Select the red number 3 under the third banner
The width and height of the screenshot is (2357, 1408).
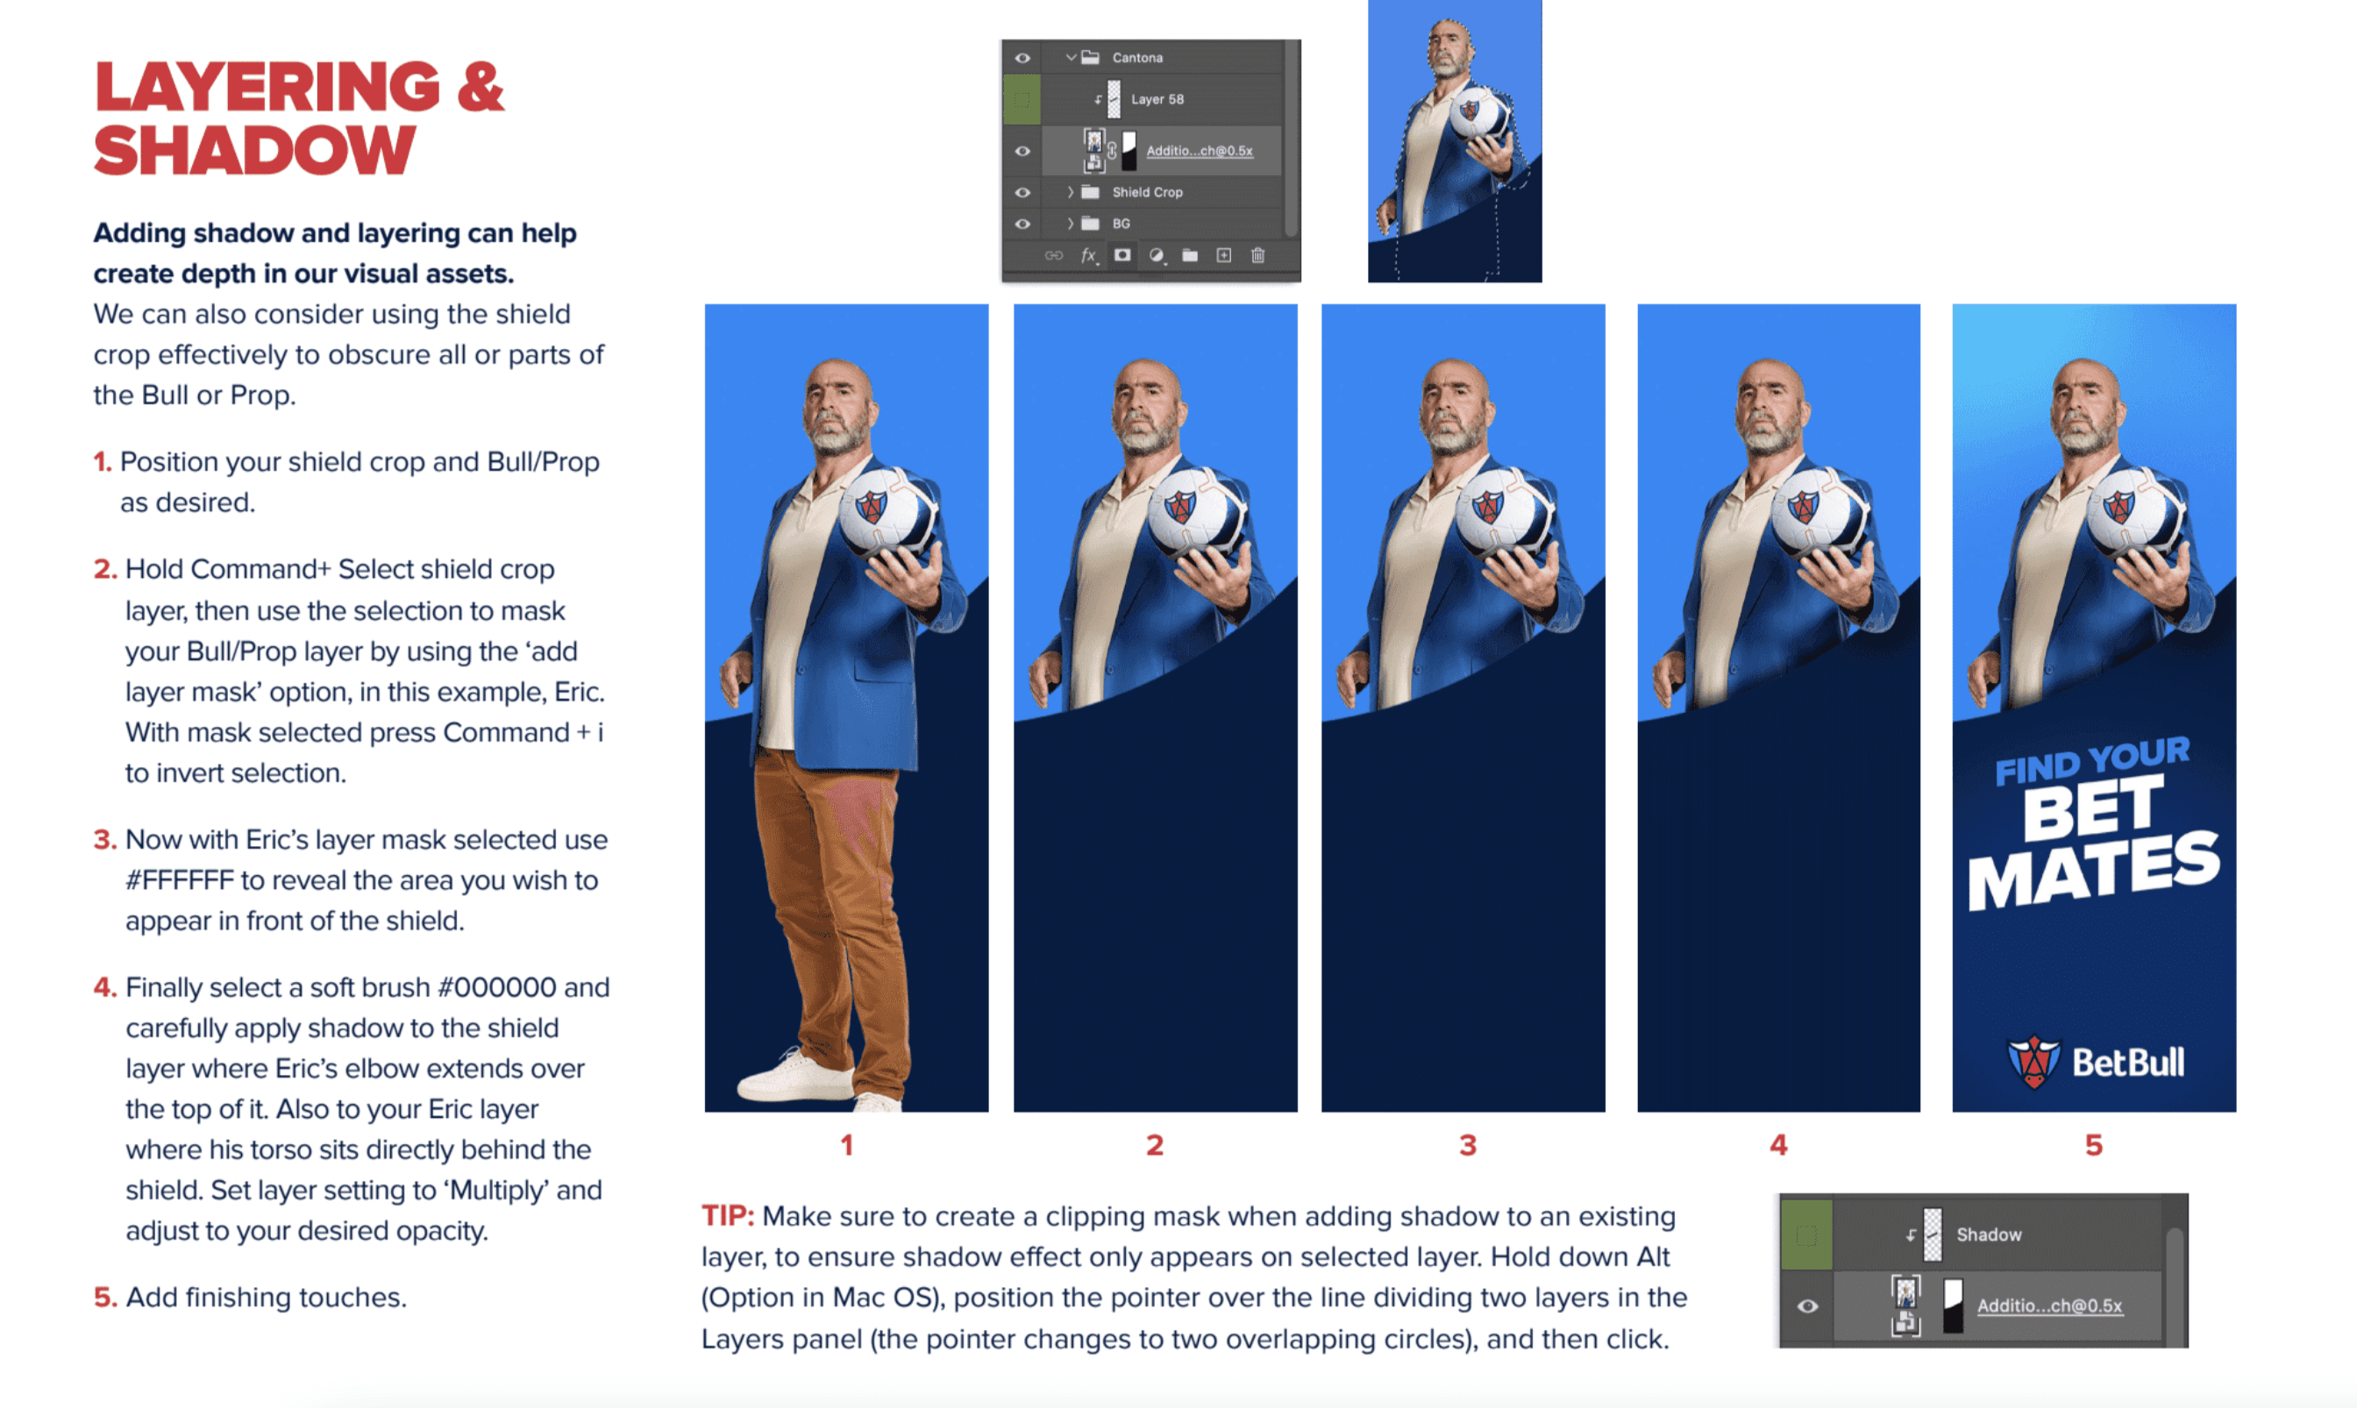pos(1467,1145)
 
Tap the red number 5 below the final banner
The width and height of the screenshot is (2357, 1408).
pos(2093,1145)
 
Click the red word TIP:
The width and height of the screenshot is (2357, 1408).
pos(728,1215)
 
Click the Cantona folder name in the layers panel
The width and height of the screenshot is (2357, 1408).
pos(1136,58)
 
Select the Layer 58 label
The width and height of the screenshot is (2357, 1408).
pos(1157,99)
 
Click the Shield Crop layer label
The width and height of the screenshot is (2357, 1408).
pos(1147,192)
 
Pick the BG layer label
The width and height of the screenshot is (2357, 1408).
pos(1121,224)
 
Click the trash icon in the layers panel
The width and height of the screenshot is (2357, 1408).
pos(1257,255)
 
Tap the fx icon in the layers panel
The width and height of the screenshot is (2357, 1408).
pos(1089,255)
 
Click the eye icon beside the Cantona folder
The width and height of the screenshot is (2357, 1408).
pos(1022,58)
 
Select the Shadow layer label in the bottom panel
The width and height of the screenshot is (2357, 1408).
pos(1989,1234)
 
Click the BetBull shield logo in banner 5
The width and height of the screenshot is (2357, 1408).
pos(2033,1063)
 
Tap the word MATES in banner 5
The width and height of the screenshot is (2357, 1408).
pos(2094,871)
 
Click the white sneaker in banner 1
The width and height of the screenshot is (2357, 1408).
pos(794,1077)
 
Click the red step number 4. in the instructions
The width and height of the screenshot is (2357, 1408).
pos(105,986)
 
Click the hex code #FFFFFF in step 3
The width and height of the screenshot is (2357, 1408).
pos(180,880)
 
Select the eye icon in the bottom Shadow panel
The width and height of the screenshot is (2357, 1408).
pos(1807,1306)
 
